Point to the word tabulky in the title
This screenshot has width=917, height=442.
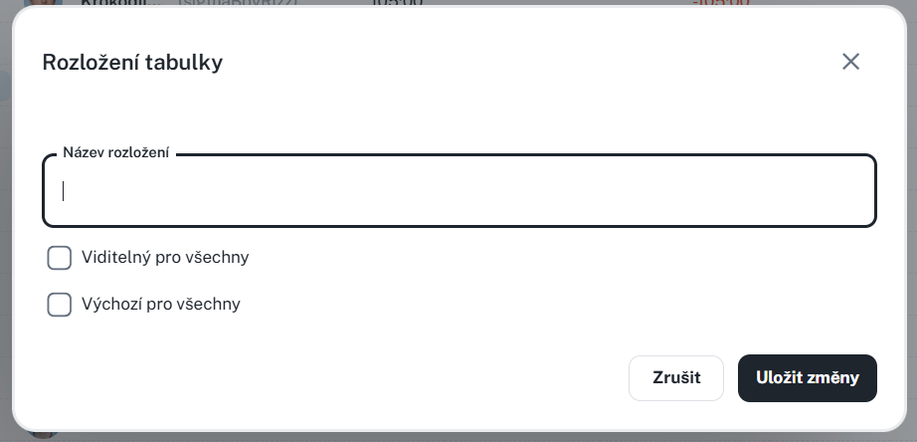click(x=184, y=63)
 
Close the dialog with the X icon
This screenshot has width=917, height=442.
click(x=850, y=62)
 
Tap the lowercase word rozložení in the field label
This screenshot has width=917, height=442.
click(x=138, y=152)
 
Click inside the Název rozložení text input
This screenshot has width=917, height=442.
click(x=458, y=191)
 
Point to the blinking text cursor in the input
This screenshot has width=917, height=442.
click(x=64, y=191)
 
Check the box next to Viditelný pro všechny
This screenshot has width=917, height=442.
click(x=60, y=258)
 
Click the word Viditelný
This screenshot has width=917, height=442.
click(x=115, y=257)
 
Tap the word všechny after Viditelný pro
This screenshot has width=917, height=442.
click(x=218, y=257)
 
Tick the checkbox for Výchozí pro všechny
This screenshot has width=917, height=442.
click(x=60, y=305)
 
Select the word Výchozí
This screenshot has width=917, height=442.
click(x=111, y=304)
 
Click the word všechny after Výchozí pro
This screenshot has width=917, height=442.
click(x=209, y=304)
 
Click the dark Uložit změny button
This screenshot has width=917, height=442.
click(x=807, y=378)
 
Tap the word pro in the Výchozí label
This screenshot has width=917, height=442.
click(x=159, y=305)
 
